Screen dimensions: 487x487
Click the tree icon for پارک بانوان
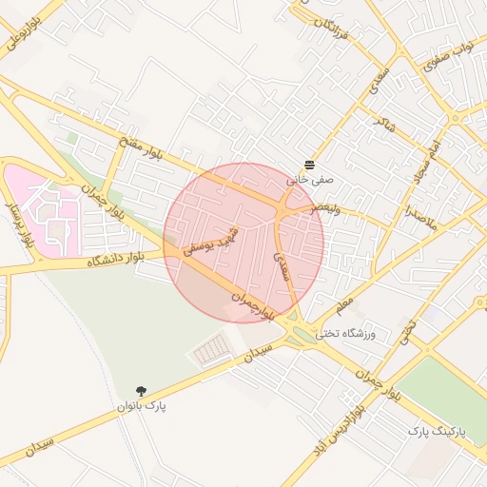tap(142, 390)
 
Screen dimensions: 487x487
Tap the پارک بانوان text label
tap(142, 406)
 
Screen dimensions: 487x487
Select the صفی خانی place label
tap(310, 178)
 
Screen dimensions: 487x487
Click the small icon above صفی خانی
tap(310, 164)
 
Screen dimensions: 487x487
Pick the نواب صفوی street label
tap(453, 60)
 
